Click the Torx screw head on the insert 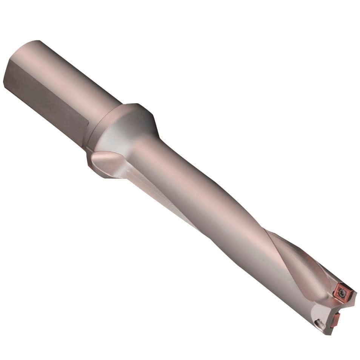tap(342, 292)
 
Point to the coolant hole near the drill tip tap(319, 323)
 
